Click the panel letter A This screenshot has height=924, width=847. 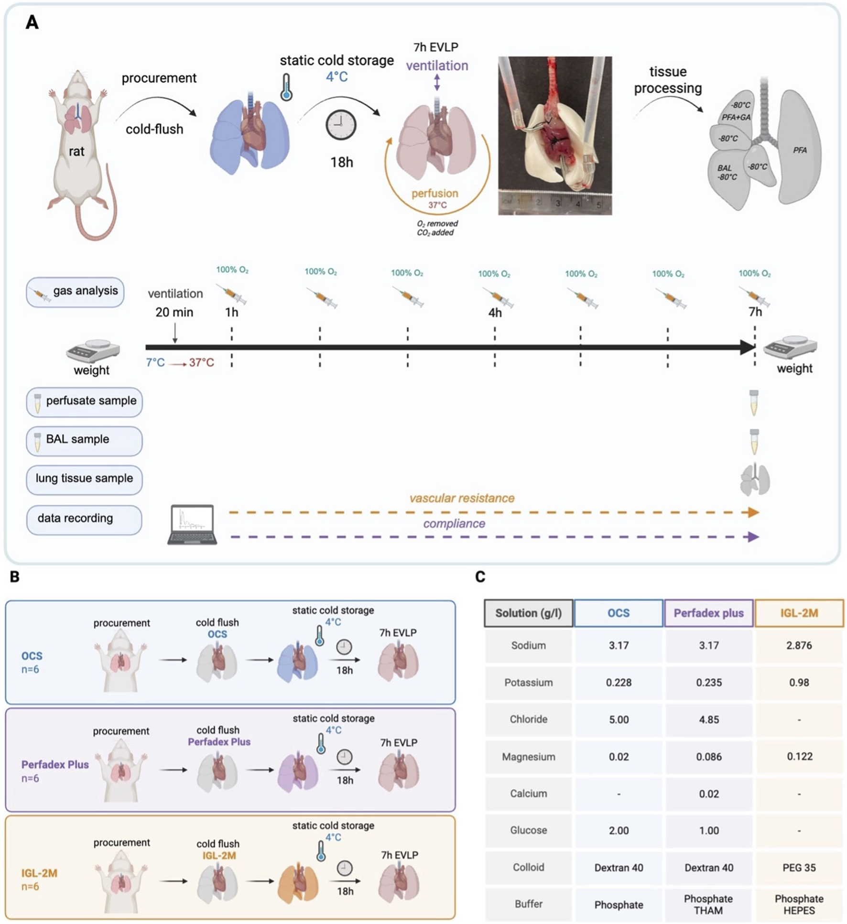tap(32, 22)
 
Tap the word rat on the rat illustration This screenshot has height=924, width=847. tap(76, 152)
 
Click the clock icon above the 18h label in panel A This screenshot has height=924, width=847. tap(341, 125)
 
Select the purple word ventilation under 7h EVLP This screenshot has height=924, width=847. tap(437, 66)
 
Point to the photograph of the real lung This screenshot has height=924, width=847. tap(554, 136)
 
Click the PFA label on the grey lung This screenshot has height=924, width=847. tap(800, 150)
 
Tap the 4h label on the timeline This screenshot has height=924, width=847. tap(495, 313)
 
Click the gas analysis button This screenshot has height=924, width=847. tap(75, 292)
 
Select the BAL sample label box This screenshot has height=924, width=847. tap(84, 440)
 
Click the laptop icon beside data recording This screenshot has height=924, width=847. tap(192, 524)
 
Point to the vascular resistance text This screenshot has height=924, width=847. tap(462, 498)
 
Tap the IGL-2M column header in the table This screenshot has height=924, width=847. tap(799, 613)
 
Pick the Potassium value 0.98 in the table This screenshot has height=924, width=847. tap(799, 682)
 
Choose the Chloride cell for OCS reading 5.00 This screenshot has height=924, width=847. tap(619, 719)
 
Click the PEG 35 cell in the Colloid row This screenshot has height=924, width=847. tap(799, 868)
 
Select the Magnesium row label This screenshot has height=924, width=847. tap(528, 757)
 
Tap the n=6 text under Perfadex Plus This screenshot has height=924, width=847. tap(30, 778)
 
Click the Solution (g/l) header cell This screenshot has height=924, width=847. tap(528, 613)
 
